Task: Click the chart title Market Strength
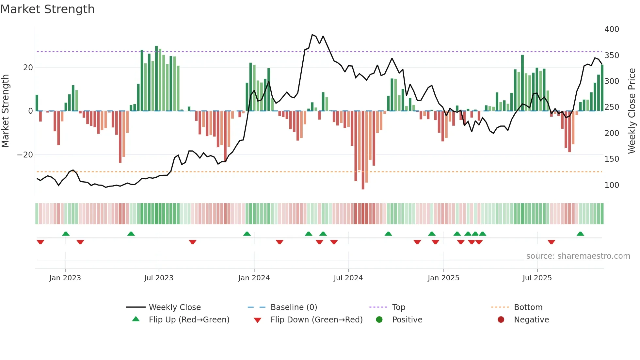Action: [47, 9]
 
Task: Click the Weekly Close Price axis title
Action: [632, 111]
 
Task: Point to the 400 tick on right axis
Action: [612, 29]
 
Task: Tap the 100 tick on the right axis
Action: [612, 185]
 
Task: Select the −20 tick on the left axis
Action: [25, 155]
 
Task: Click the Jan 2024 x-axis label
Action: [254, 278]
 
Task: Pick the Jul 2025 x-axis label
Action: [537, 278]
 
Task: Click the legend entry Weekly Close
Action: [174, 307]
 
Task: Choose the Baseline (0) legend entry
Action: [294, 307]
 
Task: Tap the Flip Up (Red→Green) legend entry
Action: [189, 320]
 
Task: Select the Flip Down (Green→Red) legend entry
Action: [316, 320]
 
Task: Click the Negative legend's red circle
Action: [501, 320]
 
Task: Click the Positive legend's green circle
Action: [379, 320]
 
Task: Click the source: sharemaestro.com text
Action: [578, 256]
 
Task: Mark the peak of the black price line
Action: [312, 35]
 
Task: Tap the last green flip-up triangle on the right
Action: [580, 234]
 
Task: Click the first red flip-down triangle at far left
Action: [40, 242]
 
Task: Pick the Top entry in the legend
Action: [398, 307]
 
